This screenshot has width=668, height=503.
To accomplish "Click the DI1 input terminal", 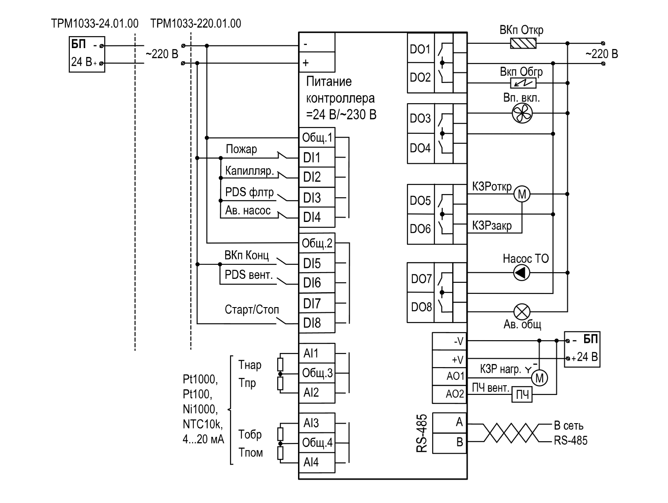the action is (x=317, y=158).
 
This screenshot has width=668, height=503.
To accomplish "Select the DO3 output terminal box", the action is (x=421, y=119).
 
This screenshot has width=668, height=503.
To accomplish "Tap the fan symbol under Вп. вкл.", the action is (x=522, y=113).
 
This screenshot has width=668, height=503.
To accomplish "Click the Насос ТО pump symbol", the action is (x=521, y=273).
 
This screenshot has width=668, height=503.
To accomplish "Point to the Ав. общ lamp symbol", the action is (x=522, y=312).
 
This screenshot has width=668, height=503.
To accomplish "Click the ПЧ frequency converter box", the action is (x=522, y=395).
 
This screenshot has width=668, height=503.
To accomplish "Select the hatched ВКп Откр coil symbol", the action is (x=523, y=43).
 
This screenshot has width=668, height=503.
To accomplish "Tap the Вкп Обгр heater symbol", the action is (x=523, y=83).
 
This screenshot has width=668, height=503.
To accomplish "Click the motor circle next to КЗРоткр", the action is (x=522, y=194).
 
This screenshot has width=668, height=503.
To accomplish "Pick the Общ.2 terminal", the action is (x=317, y=243).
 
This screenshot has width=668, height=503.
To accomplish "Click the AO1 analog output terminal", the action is (x=449, y=376).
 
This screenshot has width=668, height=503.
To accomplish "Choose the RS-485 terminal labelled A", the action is (x=449, y=422).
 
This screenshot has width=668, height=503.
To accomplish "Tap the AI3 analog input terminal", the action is (x=317, y=423).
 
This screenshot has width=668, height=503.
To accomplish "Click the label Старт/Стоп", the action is (x=252, y=309).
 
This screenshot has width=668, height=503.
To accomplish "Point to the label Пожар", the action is (x=242, y=149).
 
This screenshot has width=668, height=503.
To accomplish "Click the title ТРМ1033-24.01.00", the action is (x=94, y=23).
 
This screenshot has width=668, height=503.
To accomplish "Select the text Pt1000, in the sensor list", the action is (x=200, y=379).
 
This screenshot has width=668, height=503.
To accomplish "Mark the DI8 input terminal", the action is (x=317, y=323).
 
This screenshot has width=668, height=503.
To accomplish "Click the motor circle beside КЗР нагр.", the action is (x=539, y=378).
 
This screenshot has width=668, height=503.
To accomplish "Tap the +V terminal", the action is (x=449, y=359).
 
